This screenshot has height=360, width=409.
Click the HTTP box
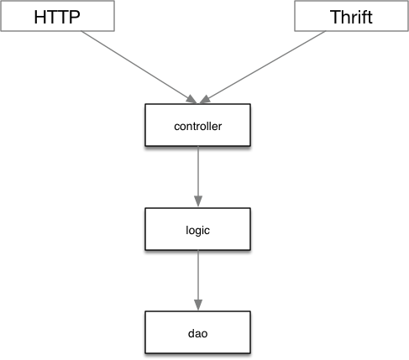click(58, 16)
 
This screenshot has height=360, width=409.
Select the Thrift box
click(351, 16)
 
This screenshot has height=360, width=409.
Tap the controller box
click(197, 125)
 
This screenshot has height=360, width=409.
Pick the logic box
click(197, 229)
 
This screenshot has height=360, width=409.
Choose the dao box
click(197, 332)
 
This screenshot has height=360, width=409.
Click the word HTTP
click(57, 17)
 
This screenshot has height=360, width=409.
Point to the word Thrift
click(351, 17)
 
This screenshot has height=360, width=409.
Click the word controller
click(198, 126)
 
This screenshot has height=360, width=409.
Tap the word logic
click(197, 231)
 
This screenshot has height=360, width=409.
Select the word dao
click(197, 333)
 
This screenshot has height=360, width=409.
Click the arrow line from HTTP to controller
click(139, 67)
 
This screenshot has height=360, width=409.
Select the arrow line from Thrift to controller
click(262, 67)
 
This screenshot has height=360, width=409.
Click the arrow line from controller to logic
click(198, 176)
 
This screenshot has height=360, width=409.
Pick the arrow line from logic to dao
click(198, 280)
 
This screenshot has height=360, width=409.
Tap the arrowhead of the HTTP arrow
click(192, 99)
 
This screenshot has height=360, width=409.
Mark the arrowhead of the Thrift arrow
click(205, 99)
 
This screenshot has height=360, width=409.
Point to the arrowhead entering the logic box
click(198, 201)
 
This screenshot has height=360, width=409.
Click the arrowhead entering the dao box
click(198, 305)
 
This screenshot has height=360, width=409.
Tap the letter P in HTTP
click(75, 18)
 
